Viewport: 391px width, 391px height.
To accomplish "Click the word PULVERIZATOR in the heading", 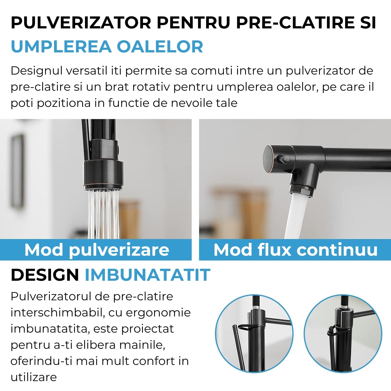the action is (x=81, y=23).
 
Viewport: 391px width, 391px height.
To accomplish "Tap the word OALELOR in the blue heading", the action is (x=160, y=47).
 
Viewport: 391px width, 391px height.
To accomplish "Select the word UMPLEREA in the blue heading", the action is (x=61, y=47).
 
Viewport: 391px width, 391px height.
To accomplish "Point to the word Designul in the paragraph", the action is (x=36, y=71).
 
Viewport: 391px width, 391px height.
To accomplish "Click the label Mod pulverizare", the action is (x=97, y=250).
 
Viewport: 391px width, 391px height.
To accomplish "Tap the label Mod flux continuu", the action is (x=295, y=250).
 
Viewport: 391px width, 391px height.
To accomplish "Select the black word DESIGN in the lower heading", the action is (x=45, y=275).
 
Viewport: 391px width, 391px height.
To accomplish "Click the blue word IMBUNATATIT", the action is (x=148, y=275).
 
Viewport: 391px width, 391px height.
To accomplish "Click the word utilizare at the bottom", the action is (x=34, y=377).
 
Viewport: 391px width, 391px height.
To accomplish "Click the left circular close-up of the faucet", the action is (x=254, y=333).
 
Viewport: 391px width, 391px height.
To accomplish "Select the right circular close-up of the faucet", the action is (x=343, y=333).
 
